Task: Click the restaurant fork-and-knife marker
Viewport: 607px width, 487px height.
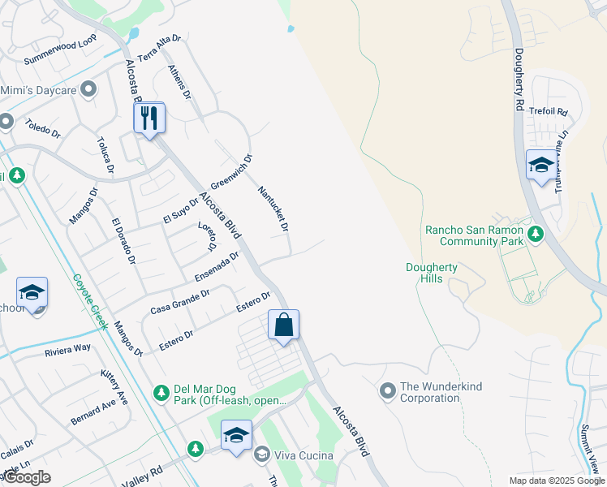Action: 149,119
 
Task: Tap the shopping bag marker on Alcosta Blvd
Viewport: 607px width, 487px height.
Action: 283,325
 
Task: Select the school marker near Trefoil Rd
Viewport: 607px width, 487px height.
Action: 541,166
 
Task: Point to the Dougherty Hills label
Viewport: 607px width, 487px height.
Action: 432,273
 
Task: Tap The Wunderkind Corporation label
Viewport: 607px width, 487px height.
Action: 429,393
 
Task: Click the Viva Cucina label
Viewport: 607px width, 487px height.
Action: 304,455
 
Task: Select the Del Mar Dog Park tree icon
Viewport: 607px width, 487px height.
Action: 161,393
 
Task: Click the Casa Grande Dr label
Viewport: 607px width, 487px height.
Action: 180,302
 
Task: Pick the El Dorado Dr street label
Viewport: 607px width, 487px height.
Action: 124,242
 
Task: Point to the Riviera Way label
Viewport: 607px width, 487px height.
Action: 68,348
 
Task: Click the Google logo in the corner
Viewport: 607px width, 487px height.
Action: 27,477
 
